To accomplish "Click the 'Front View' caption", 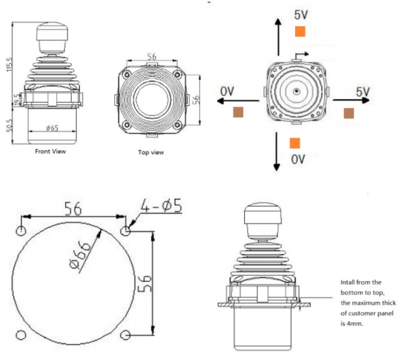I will pyautogui.click(x=50, y=151).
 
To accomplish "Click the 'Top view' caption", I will pyautogui.click(x=151, y=152).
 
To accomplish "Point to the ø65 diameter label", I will pyautogui.click(x=52, y=128).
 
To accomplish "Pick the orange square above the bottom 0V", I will pyautogui.click(x=295, y=143).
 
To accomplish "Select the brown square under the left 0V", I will pyautogui.click(x=238, y=112).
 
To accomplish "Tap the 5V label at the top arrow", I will pyautogui.click(x=300, y=14).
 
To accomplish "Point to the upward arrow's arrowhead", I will pyautogui.click(x=276, y=21).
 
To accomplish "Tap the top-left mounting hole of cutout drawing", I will pyautogui.click(x=21, y=230).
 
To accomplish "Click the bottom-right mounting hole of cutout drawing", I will pyautogui.click(x=125, y=336).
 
